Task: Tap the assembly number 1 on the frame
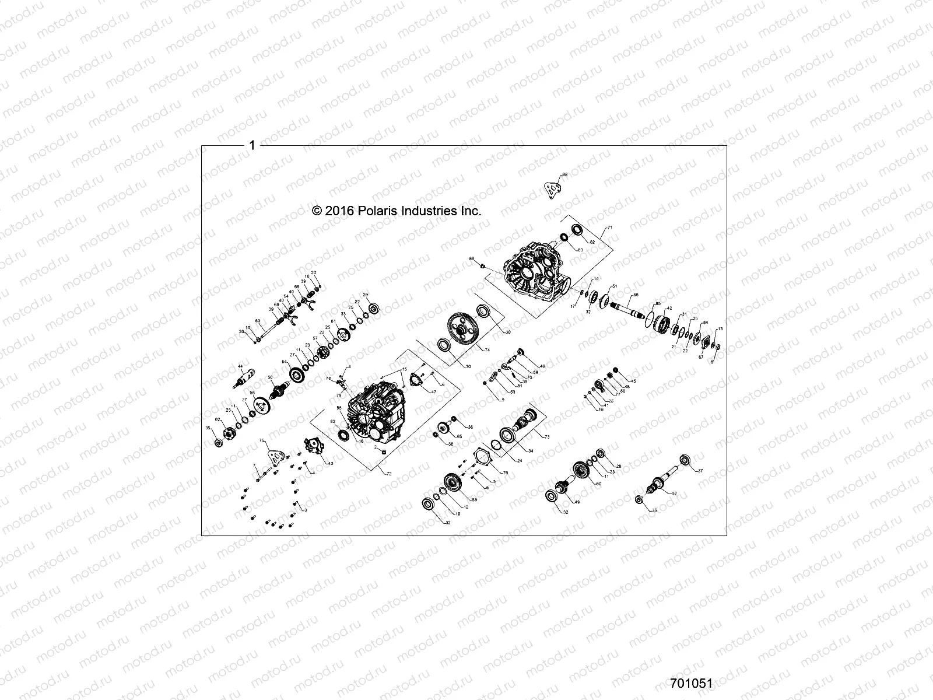(x=252, y=145)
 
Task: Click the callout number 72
(x=388, y=474)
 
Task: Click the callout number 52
(x=675, y=494)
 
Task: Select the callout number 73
(x=546, y=436)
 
